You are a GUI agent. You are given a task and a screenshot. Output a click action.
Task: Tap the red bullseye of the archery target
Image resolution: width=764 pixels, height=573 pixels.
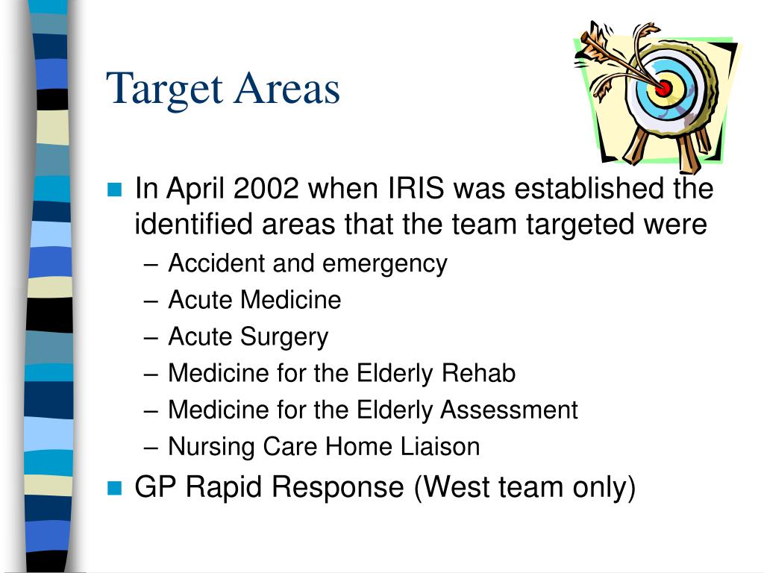click(x=663, y=88)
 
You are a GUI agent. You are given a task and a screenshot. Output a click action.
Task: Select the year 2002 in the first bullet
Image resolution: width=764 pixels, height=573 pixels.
click(x=266, y=188)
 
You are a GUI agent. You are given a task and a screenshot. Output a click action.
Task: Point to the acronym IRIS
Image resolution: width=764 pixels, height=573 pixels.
click(x=416, y=188)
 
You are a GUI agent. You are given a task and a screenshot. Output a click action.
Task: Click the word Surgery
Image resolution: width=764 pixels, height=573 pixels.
click(x=284, y=338)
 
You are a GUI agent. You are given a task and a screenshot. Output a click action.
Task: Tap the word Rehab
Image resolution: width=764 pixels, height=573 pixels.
click(x=478, y=373)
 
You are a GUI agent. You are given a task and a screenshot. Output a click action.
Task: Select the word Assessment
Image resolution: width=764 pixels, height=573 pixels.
click(x=509, y=410)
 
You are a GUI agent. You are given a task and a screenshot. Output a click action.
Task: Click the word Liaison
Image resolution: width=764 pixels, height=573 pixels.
click(x=440, y=446)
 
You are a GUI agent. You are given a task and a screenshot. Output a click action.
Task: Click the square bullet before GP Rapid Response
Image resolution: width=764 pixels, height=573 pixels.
click(x=114, y=488)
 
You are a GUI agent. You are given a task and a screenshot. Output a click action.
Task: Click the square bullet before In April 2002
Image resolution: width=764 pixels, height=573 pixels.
click(x=114, y=189)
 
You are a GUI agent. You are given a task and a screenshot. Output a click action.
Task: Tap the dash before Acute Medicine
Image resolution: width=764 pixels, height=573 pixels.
click(x=151, y=301)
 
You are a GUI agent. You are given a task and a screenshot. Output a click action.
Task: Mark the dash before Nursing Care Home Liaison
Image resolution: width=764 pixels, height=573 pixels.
click(x=151, y=448)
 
